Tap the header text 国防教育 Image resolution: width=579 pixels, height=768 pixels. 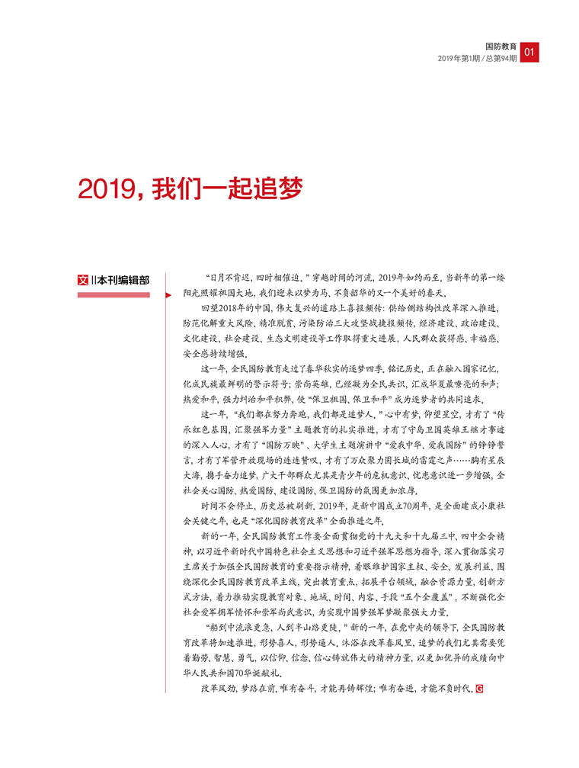(501, 47)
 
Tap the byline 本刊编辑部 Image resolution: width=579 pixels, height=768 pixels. (123, 279)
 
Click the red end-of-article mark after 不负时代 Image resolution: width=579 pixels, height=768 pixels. (479, 689)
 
